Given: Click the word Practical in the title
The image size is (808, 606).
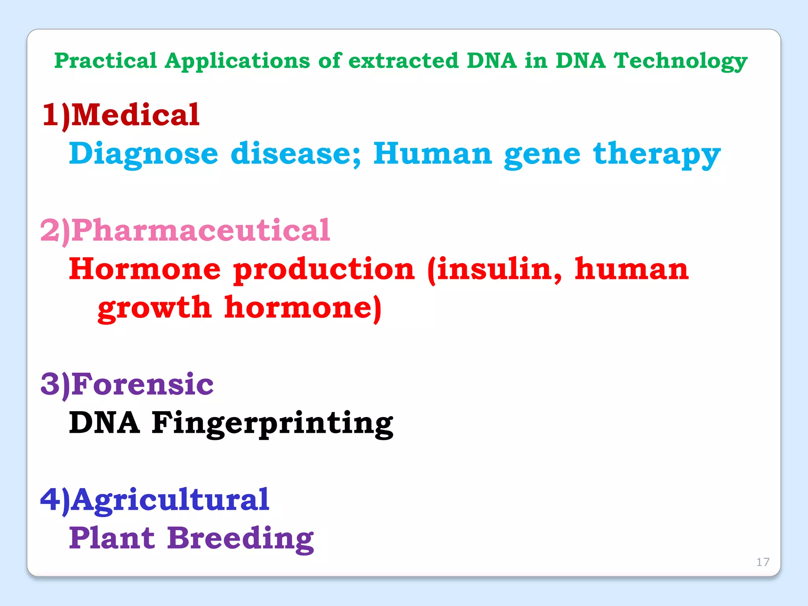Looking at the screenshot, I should coord(105,61).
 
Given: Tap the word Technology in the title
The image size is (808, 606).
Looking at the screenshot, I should coord(680,61).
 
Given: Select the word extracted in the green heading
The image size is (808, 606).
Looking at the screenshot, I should coord(403,61).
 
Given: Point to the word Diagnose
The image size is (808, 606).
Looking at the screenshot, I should coord(144,154).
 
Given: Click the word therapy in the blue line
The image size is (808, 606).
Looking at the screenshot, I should coord(656,154).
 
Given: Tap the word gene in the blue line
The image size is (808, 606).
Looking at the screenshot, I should coord(542,154).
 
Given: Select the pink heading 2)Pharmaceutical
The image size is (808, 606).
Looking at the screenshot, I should coord(185,230).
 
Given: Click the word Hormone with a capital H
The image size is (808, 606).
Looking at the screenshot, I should coord(145,269).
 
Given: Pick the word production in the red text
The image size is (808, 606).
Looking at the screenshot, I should coord(324,269).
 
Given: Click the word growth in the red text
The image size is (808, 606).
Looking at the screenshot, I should coord(154,308).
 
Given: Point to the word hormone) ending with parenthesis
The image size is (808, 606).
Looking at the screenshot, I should coord(303,308).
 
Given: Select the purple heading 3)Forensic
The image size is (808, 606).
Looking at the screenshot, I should coord(127,384).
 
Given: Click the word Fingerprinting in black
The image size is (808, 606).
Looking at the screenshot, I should coord(273,423).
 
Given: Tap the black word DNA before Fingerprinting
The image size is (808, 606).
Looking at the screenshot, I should coord(105,423).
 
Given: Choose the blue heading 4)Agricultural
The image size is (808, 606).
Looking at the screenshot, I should coord(155,499).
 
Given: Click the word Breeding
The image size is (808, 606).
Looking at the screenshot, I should coord(240,538).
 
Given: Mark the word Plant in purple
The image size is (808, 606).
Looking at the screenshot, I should coord(112,538).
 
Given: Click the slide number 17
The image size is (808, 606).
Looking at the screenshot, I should coord(763,562).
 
